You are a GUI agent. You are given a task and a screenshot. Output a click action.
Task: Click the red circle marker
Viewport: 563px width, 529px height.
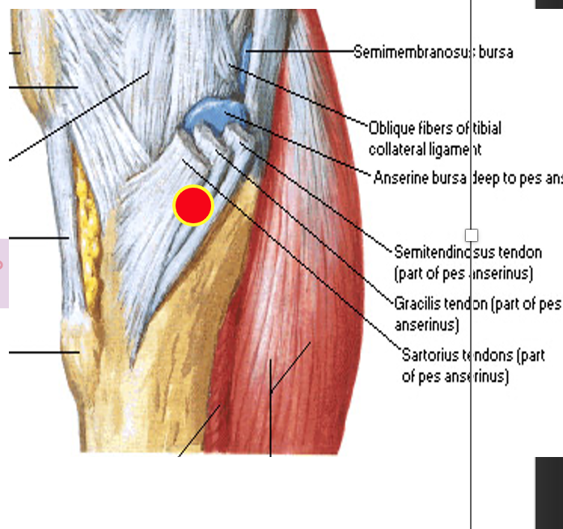click(x=193, y=205)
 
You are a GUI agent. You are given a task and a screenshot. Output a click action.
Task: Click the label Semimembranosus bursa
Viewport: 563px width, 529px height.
click(x=433, y=52)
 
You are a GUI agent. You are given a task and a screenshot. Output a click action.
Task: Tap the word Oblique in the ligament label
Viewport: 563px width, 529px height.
click(x=389, y=128)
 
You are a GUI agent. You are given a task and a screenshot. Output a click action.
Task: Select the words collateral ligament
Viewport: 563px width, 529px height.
click(x=425, y=150)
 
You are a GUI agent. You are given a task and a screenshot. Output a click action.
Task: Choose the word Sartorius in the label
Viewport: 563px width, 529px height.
click(x=430, y=355)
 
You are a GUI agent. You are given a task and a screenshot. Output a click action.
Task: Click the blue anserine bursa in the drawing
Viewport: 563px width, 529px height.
click(x=209, y=114)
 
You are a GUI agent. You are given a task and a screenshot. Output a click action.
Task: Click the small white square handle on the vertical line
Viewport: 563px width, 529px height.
click(x=472, y=235)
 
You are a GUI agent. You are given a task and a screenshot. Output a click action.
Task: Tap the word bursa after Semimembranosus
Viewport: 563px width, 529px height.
click(x=496, y=52)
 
